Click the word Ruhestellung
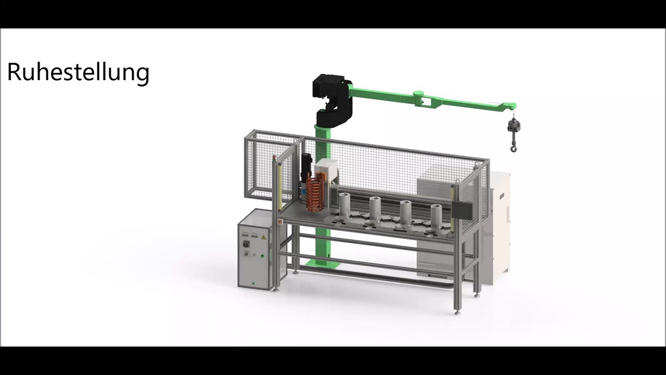point(78,72)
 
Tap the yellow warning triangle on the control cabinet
point(263,237)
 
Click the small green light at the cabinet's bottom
point(253,283)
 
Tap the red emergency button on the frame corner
point(280,221)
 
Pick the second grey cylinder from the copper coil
point(375,209)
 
